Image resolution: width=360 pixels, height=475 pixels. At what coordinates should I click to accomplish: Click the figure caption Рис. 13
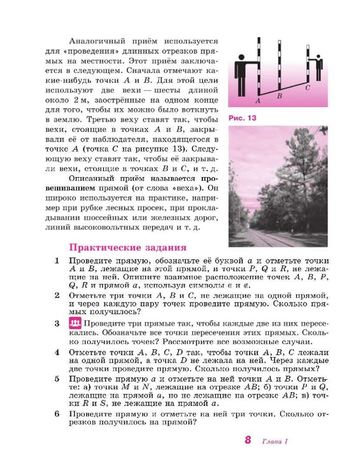(243, 118)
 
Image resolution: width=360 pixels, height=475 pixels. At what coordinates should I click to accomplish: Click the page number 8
(248, 440)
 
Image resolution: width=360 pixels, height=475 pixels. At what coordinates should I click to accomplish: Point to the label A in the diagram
(258, 100)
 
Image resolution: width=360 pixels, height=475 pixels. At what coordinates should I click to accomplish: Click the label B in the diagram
(279, 96)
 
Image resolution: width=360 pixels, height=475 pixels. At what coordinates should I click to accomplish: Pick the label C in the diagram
(308, 88)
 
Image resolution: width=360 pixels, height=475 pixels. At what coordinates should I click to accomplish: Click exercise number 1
(57, 261)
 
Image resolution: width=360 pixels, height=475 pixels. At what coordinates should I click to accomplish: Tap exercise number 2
(57, 295)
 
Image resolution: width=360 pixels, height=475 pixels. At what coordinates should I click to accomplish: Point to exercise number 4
(57, 352)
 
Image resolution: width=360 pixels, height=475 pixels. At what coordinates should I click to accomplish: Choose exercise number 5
(57, 379)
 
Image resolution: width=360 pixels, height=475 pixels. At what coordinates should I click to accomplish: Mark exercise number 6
(57, 413)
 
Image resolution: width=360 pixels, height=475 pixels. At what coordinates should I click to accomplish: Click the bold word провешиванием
(89, 189)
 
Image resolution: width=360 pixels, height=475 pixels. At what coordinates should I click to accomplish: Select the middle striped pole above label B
(279, 65)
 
